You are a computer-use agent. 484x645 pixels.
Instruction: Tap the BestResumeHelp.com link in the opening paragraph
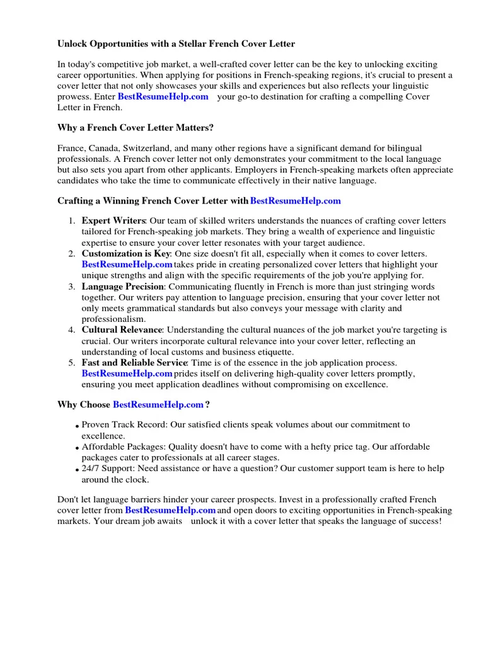[163, 96]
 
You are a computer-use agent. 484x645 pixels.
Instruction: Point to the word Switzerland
[141, 147]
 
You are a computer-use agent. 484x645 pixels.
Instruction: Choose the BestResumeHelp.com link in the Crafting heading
[296, 201]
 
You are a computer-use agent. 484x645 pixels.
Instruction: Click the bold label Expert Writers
[114, 221]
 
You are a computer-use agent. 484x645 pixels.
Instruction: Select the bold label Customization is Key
[126, 253]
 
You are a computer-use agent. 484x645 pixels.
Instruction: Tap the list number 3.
[71, 287]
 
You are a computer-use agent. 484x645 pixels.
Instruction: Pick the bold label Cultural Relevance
[122, 329]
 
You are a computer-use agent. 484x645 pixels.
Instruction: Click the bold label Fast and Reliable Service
[134, 363]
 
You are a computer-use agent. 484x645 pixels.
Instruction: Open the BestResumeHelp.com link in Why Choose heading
[158, 404]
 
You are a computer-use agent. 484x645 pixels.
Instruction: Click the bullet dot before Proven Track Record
[77, 426]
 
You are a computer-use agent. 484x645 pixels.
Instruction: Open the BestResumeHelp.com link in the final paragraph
[170, 510]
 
